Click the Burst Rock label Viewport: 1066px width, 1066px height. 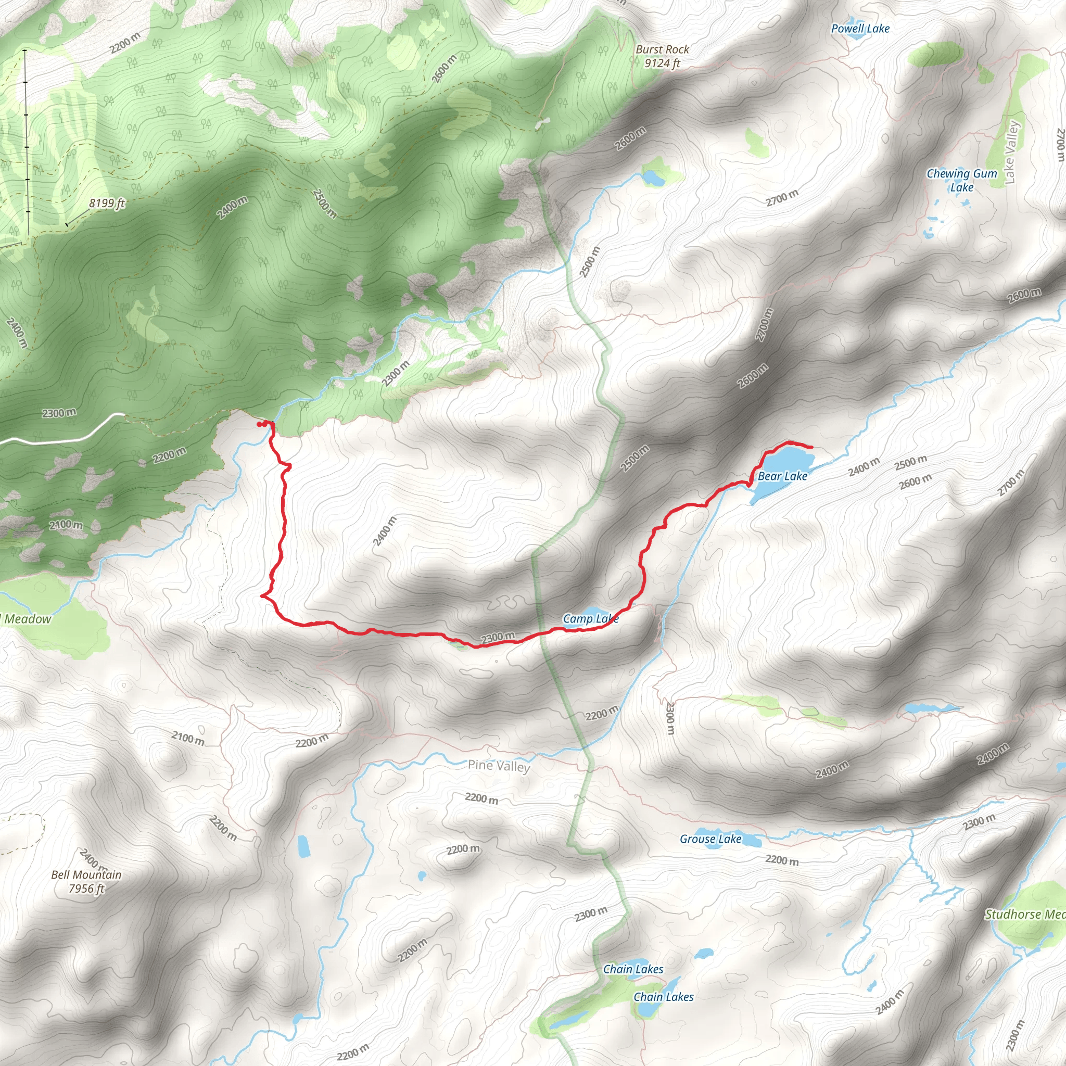coord(662,49)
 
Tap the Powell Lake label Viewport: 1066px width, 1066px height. coord(860,29)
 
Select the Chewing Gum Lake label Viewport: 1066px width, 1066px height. coord(962,181)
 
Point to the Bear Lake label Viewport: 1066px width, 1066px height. coord(782,476)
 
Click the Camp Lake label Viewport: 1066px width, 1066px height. coord(590,618)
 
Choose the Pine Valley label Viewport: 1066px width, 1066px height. coord(499,766)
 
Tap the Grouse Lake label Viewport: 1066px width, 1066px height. coord(710,839)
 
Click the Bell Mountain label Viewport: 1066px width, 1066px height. coord(86,875)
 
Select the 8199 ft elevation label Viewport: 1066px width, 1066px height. coord(107,204)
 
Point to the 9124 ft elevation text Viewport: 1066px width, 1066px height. coord(662,64)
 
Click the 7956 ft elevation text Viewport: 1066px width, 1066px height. coord(86,889)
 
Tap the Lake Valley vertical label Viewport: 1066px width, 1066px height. coord(1011,152)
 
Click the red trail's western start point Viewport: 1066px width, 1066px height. coord(259,424)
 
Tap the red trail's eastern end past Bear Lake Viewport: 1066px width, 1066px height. coord(811,447)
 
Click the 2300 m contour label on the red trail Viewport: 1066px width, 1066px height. coord(498,638)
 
